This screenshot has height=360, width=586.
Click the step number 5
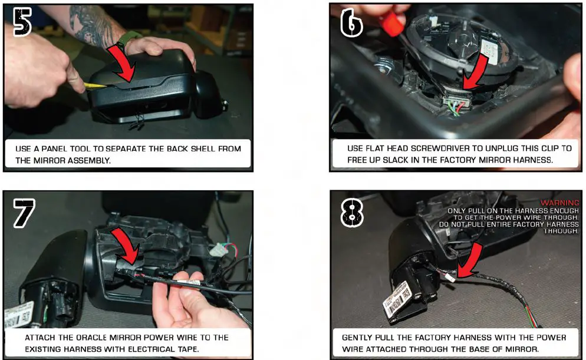click(x=22, y=22)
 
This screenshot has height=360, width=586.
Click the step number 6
click(x=351, y=23)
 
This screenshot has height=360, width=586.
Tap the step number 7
click(x=24, y=213)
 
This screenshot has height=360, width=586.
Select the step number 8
click(x=352, y=212)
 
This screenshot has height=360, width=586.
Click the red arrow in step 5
click(x=123, y=64)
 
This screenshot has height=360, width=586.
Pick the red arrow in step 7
click(x=127, y=246)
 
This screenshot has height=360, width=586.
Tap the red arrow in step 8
click(x=470, y=260)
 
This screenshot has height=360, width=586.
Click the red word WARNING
click(x=559, y=203)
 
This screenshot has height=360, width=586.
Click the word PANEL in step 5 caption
click(x=54, y=148)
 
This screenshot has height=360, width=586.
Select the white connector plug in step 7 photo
click(x=219, y=249)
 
